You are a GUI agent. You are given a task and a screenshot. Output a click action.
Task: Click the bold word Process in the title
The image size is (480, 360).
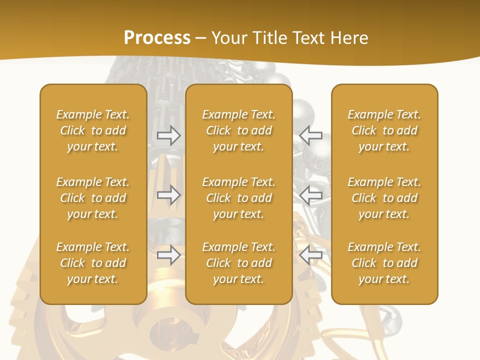pyautogui.click(x=157, y=38)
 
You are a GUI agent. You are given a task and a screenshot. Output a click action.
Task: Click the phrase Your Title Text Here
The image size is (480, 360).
pyautogui.click(x=290, y=38)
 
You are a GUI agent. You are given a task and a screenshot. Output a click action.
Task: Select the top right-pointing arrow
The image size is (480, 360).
pyautogui.click(x=168, y=135)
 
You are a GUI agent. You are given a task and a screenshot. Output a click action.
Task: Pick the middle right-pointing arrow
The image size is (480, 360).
pyautogui.click(x=168, y=195)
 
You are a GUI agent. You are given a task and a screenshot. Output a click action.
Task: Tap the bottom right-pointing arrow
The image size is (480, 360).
pyautogui.click(x=168, y=255)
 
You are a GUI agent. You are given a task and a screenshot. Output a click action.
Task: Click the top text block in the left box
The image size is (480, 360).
pyautogui.click(x=93, y=130)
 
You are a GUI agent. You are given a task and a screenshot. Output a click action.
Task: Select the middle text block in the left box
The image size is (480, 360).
pyautogui.click(x=93, y=198)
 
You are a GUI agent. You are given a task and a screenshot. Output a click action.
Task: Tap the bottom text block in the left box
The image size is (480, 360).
pyautogui.click(x=93, y=263)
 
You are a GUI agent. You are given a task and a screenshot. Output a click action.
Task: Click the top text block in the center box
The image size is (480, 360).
pyautogui.click(x=238, y=130)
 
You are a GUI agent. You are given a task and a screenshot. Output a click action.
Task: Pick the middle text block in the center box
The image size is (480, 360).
pyautogui.click(x=238, y=198)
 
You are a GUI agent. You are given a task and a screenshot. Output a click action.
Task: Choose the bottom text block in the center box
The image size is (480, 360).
pyautogui.click(x=238, y=263)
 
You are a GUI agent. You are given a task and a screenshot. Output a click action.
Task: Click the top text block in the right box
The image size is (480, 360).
pyautogui.click(x=384, y=130)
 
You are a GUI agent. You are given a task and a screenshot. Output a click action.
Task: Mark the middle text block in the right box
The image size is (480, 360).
pyautogui.click(x=384, y=198)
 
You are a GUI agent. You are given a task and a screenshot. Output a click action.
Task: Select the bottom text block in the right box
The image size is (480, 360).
pyautogui.click(x=384, y=263)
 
